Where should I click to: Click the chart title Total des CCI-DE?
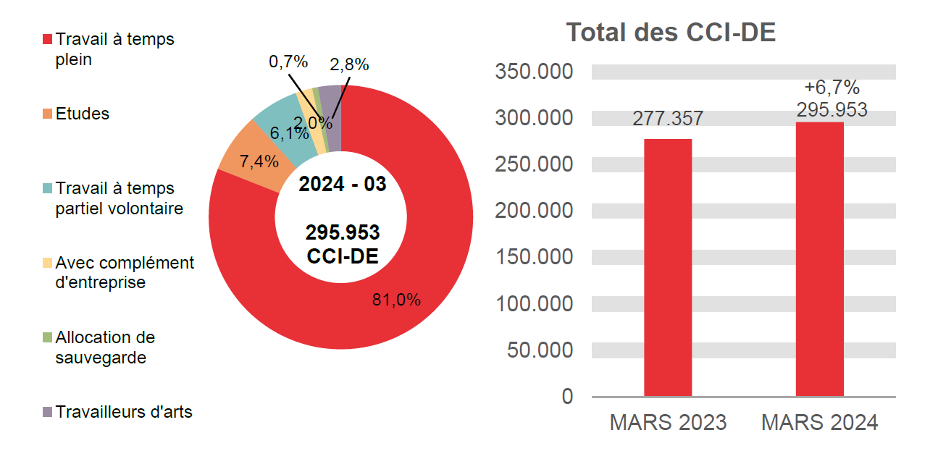(671, 33)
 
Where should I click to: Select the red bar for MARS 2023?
(667, 268)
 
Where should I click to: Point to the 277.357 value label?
(667, 119)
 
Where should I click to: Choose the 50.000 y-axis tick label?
(540, 350)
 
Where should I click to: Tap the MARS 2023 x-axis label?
(667, 423)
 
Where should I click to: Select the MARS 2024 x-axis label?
(819, 423)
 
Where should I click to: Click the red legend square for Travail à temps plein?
(48, 39)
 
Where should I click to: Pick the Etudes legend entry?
(82, 114)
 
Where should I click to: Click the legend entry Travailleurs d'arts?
(123, 412)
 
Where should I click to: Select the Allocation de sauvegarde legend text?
(105, 347)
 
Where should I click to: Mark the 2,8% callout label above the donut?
(349, 64)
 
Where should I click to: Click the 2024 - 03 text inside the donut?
(342, 184)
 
